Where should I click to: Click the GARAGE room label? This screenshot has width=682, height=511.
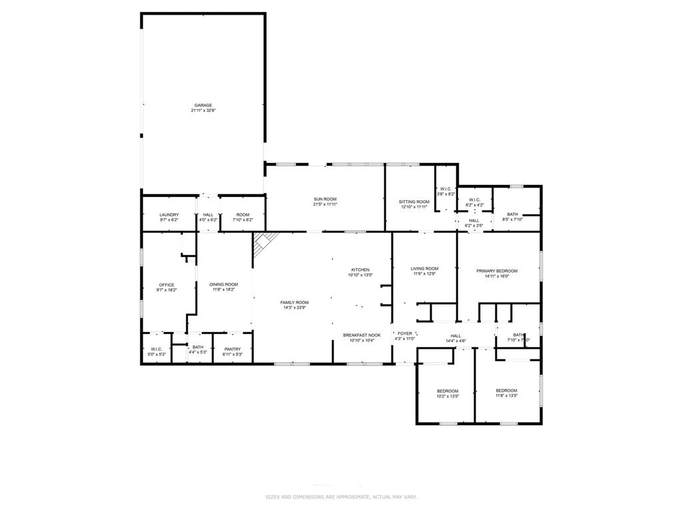click(203, 105)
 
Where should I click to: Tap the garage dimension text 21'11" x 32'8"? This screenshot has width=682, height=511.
click(203, 110)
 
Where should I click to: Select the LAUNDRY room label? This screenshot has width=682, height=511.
click(169, 215)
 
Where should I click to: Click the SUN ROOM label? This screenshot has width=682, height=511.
click(325, 200)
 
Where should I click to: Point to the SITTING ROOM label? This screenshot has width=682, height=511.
click(414, 202)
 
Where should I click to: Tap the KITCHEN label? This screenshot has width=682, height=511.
click(360, 270)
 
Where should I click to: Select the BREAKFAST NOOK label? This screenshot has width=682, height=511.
click(362, 335)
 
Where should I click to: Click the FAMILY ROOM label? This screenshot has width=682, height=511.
click(294, 303)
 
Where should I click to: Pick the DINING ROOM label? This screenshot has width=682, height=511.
click(224, 284)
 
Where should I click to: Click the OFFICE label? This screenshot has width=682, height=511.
click(167, 285)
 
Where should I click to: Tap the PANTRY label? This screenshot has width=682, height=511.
click(232, 349)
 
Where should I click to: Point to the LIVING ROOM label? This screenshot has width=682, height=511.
click(424, 269)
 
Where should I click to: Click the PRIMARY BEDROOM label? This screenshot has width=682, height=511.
click(497, 271)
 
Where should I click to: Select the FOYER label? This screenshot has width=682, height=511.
click(405, 334)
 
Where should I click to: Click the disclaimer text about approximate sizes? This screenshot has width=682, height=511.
click(341, 497)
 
